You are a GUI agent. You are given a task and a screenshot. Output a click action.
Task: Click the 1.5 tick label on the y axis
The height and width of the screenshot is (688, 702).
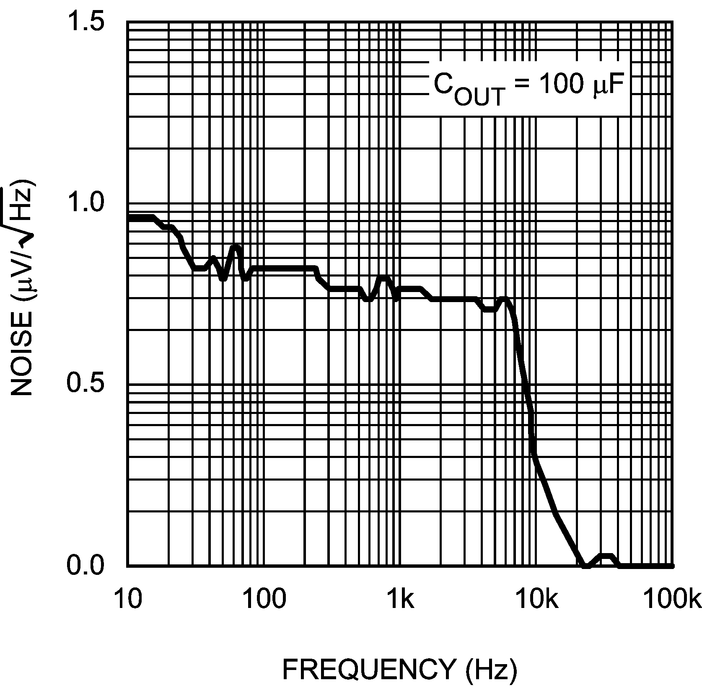tap(86, 22)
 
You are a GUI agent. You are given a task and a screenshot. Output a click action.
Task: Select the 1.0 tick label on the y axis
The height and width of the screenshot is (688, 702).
tap(86, 204)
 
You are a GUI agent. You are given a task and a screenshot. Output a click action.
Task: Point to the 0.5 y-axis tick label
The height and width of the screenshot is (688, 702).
tap(86, 384)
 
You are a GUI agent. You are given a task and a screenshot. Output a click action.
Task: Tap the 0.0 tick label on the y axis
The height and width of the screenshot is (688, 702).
tap(86, 566)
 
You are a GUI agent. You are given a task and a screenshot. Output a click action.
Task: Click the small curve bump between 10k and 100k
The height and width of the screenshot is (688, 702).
tap(607, 556)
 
